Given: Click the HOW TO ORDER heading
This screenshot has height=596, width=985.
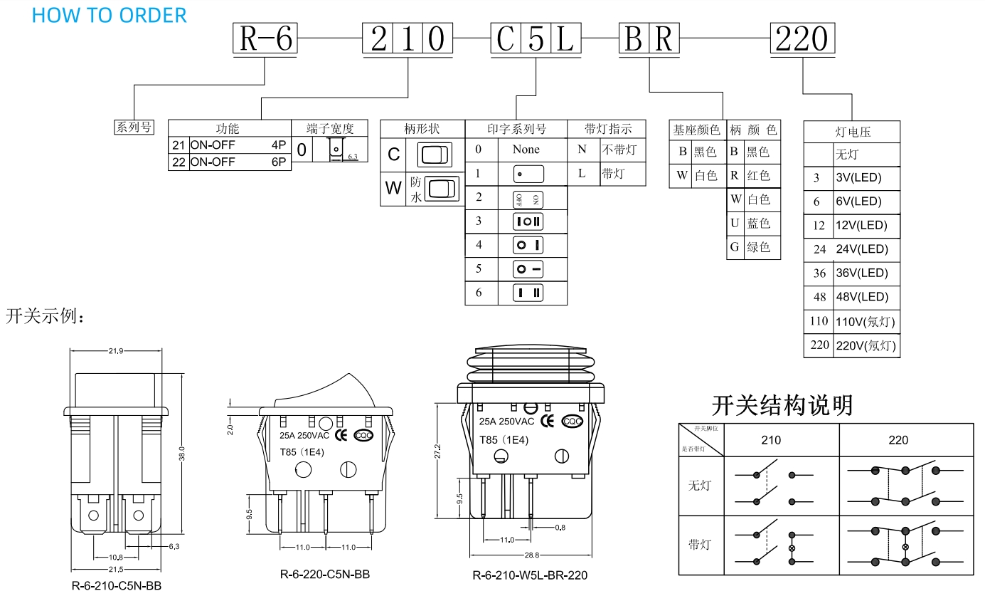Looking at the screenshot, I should (x=109, y=15).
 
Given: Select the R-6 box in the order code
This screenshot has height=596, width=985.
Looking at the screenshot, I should (x=265, y=38).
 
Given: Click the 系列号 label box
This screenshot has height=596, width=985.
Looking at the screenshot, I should (x=134, y=127).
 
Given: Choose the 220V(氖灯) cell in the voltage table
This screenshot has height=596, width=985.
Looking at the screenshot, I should (x=865, y=345).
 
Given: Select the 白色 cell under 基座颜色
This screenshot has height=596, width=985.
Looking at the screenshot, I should (x=706, y=176).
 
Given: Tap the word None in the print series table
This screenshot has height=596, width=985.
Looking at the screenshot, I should (x=526, y=150).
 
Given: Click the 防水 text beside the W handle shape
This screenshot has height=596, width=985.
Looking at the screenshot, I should (x=415, y=190).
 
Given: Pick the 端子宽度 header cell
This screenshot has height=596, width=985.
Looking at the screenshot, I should (x=329, y=129).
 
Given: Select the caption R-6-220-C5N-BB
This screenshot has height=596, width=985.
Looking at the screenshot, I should (x=324, y=575).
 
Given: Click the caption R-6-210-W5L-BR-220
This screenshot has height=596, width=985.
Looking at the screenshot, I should (x=530, y=575).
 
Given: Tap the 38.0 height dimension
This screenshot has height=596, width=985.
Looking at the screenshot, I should (x=182, y=454).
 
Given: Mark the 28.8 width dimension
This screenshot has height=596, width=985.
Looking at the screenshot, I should (x=531, y=555).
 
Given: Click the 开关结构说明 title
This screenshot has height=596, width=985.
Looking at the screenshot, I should (x=782, y=405).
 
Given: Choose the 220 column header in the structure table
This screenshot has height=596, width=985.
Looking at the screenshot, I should (x=898, y=440).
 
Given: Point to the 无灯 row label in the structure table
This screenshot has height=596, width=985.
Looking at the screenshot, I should (x=699, y=486).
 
